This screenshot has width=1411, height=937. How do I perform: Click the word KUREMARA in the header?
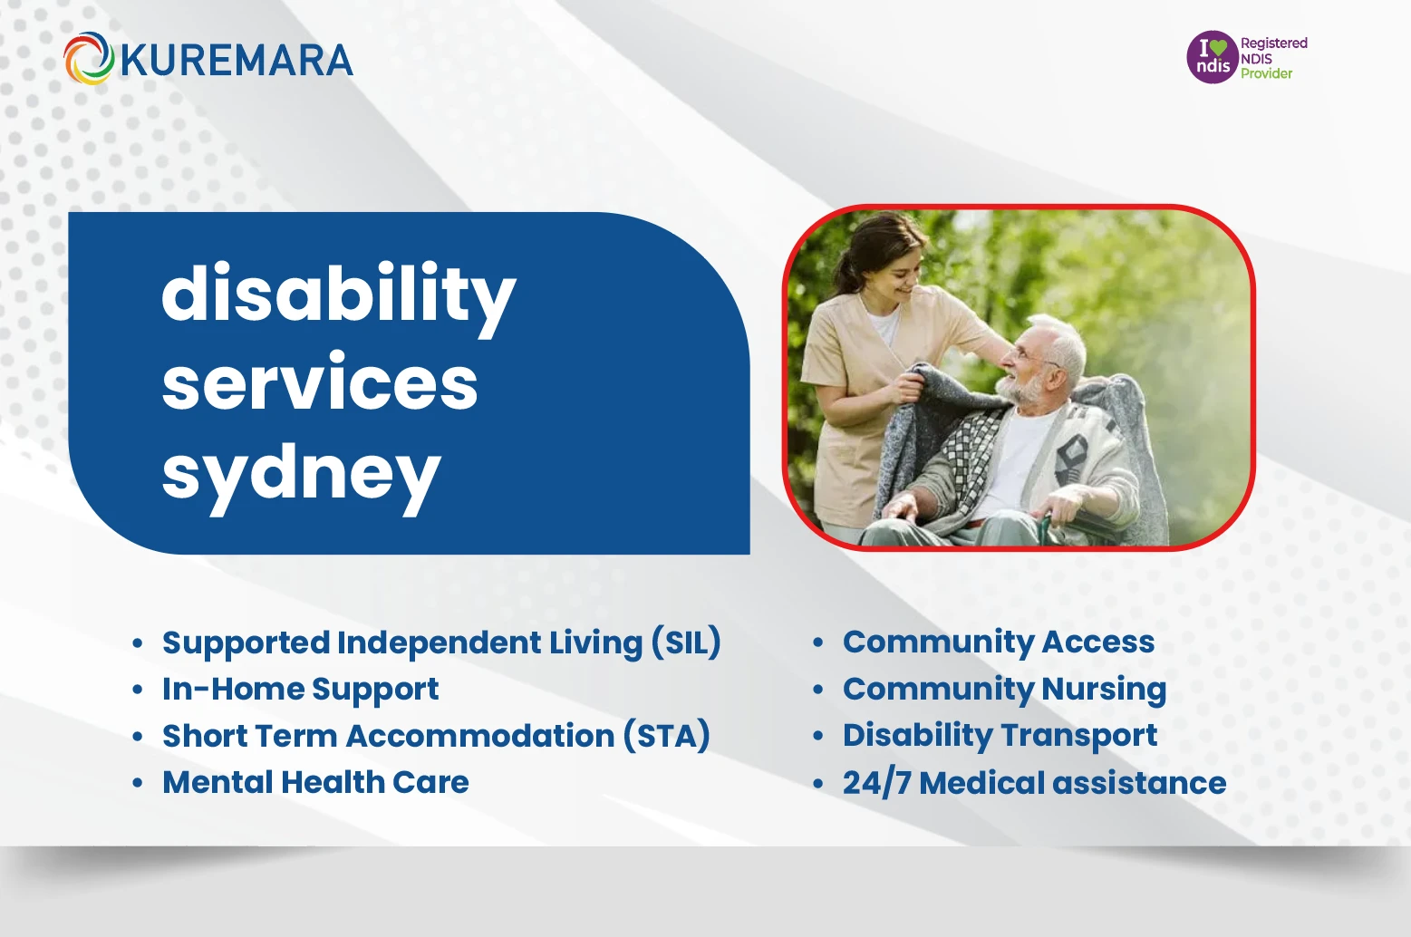236,61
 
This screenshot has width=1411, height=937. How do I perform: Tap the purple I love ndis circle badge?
1213,57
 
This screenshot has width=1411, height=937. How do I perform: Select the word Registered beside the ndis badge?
1273,43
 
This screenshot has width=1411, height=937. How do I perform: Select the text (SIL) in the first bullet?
686,642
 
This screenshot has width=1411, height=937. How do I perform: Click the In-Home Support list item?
300,690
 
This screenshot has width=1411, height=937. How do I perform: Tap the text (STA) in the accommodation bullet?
666,736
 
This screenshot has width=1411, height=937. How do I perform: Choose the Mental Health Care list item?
315,782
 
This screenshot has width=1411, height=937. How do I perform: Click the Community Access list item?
998,642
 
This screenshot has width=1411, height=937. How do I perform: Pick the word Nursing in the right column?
1103,690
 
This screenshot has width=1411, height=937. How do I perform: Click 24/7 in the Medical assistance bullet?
875,783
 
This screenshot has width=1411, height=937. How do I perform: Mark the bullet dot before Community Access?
817,642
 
